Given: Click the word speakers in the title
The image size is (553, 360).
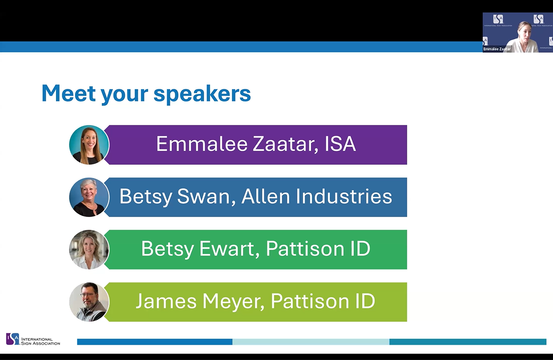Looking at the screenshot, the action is pyautogui.click(x=202, y=94).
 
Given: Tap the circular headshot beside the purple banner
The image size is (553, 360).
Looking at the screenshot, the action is pyautogui.click(x=89, y=144).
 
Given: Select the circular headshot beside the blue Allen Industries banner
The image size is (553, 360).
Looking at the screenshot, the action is pyautogui.click(x=89, y=197).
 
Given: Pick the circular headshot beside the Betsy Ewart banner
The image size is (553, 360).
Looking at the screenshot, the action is pyautogui.click(x=89, y=249).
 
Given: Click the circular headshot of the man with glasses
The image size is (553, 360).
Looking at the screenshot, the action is pyautogui.click(x=89, y=302).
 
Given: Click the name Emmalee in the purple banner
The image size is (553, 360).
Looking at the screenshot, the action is pyautogui.click(x=202, y=144).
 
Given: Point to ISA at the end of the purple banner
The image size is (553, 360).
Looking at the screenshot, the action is pyautogui.click(x=340, y=144).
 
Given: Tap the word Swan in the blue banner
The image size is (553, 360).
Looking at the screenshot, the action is pyautogui.click(x=204, y=196).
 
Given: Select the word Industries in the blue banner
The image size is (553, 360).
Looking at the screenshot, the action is pyautogui.click(x=344, y=196).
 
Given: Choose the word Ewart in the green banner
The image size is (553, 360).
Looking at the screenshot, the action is pyautogui.click(x=227, y=248).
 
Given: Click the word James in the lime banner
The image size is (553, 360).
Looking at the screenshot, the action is pyautogui.click(x=166, y=301).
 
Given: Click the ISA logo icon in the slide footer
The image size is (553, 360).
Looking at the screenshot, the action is pyautogui.click(x=12, y=339).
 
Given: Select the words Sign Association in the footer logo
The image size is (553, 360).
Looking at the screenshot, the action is pyautogui.click(x=41, y=343).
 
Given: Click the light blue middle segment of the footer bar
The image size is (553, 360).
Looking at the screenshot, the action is pyautogui.click(x=311, y=341).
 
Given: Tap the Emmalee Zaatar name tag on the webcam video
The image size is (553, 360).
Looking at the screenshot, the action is pyautogui.click(x=497, y=49).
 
